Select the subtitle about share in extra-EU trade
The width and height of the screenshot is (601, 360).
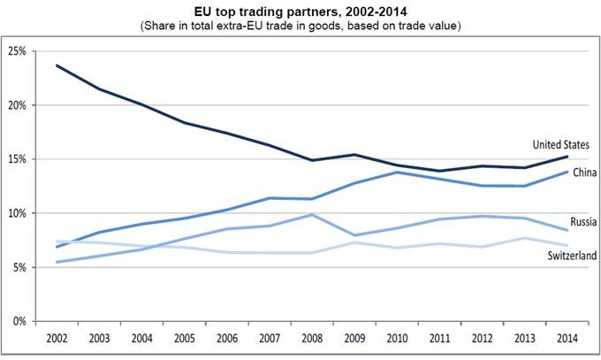[x=300, y=27]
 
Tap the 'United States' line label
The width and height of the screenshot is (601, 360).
[x=561, y=144]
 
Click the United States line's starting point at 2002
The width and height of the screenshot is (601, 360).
[x=57, y=65]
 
